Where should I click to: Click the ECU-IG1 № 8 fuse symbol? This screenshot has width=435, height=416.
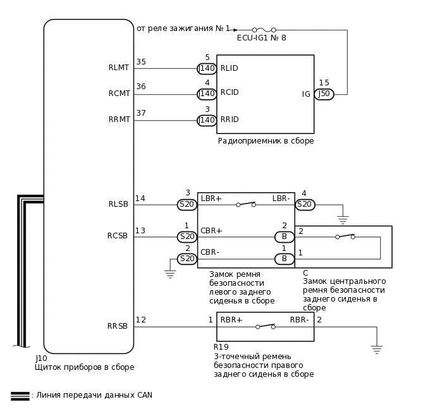click(263, 30)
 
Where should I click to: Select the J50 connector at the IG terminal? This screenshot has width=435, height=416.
click(324, 94)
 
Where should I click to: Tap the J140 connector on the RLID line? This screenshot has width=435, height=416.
click(207, 68)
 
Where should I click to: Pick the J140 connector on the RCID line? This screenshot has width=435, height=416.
click(207, 94)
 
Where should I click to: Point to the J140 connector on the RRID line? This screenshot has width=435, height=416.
click(207, 120)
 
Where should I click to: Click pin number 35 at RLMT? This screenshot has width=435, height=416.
click(141, 62)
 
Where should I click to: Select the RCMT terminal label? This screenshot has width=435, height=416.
click(119, 94)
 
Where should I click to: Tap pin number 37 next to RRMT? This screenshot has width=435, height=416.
click(141, 113)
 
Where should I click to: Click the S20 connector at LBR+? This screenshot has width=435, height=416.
click(187, 204)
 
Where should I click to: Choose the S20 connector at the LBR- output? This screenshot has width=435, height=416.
click(305, 204)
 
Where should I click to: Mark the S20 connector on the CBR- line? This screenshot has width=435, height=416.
click(187, 259)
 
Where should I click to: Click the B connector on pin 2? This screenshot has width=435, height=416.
click(284, 237)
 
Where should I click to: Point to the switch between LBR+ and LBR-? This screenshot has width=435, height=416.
click(245, 204)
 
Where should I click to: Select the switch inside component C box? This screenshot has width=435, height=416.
click(345, 236)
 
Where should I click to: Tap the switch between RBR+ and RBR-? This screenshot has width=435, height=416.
click(266, 326)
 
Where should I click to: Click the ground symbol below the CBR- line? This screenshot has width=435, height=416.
click(169, 274)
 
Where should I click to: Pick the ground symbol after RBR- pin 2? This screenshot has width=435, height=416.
click(376, 350)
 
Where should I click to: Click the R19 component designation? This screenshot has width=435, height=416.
click(221, 347)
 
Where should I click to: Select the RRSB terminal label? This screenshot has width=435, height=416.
click(118, 326)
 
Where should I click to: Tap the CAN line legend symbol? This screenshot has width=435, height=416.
click(20, 396)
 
